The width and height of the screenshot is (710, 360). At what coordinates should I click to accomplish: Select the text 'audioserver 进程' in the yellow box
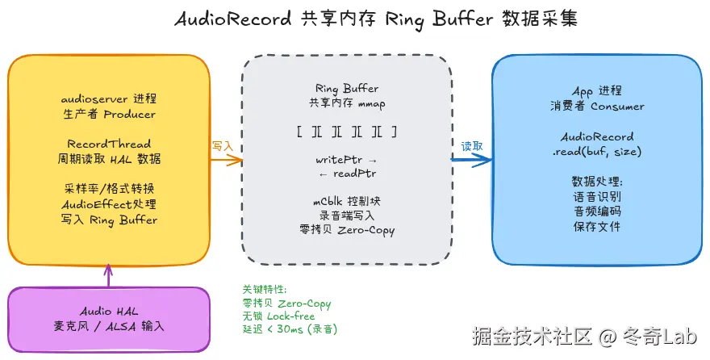109,99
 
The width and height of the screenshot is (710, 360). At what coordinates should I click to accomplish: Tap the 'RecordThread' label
109,144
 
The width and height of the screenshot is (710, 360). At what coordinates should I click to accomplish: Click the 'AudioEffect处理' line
109,204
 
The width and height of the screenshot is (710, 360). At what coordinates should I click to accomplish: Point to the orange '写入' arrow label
223,146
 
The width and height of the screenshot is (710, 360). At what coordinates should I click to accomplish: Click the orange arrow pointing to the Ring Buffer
226,159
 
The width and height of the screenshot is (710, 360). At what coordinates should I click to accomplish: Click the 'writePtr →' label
346,160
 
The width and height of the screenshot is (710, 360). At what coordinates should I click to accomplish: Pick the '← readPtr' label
346,174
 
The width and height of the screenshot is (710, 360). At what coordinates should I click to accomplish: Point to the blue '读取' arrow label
472,146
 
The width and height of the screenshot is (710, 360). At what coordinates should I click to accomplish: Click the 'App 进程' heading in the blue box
597,92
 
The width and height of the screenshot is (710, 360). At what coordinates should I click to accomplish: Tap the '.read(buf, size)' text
597,151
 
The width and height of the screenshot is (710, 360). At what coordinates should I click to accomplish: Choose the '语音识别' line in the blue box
597,196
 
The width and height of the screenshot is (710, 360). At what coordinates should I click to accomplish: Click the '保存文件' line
597,227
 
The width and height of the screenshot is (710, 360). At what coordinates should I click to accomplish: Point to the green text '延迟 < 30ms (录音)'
290,329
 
